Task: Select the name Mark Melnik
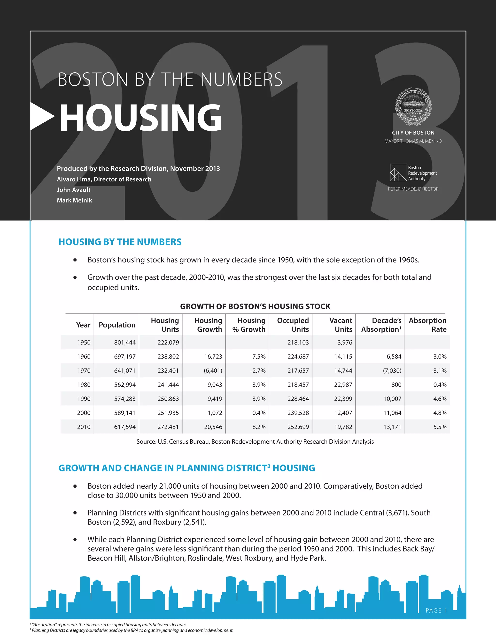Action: coord(74,201)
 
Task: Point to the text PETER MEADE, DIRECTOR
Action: coord(413,189)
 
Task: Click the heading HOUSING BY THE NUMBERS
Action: coord(120,242)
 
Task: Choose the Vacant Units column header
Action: coord(341,325)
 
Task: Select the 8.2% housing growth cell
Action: coord(259,427)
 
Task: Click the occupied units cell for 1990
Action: coord(298,399)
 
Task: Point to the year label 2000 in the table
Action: coord(84,413)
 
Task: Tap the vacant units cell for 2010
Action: coord(343,427)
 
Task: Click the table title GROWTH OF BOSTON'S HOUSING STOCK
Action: coord(255,306)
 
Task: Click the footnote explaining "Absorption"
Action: coord(109,625)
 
